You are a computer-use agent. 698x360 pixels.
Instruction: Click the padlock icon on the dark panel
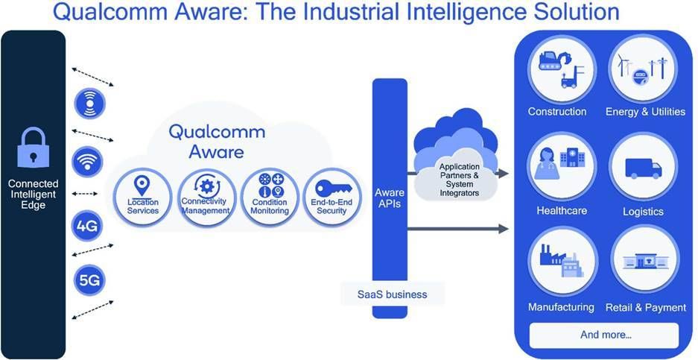[x=33, y=147]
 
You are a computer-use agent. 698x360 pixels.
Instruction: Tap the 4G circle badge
[x=87, y=227]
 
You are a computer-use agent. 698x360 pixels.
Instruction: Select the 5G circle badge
[x=89, y=280]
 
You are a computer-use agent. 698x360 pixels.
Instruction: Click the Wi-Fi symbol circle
[x=87, y=162]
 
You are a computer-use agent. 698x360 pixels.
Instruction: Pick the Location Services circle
[x=142, y=198]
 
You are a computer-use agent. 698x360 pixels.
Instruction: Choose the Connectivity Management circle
[x=206, y=198]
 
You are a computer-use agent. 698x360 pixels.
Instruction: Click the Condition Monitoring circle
[x=270, y=198]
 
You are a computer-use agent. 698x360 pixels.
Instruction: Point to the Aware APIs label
[x=390, y=198]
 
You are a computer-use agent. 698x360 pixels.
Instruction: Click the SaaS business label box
[x=392, y=294]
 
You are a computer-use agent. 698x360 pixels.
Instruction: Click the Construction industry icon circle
[x=562, y=70]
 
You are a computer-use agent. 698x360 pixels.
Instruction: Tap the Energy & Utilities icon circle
[x=643, y=69]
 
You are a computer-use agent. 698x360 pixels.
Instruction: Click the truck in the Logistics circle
[x=643, y=168]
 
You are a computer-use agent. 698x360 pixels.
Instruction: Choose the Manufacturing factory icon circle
[x=563, y=261]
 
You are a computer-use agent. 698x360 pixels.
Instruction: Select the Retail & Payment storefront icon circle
[x=644, y=260]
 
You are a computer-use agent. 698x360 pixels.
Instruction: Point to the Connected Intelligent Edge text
[x=33, y=195]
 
